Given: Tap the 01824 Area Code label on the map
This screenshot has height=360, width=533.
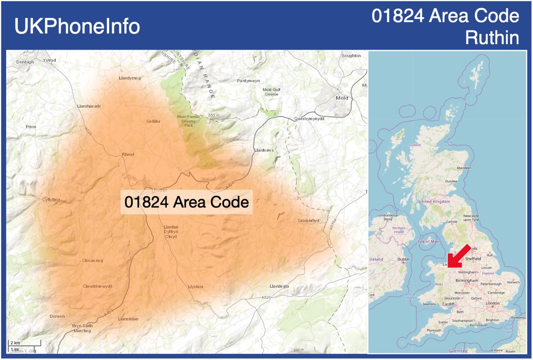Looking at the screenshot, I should coord(187,202).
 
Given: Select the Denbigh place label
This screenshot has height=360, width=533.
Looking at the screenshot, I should coord(24,62).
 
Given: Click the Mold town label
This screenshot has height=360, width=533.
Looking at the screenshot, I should coord(342,97).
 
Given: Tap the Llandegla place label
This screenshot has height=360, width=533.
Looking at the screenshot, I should coord(279,286).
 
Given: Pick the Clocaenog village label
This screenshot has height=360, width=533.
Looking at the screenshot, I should coord(92,261).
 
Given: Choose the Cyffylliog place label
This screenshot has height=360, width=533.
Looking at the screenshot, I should coord(51,200).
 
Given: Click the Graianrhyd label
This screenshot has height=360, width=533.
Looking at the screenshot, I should coord(309,221).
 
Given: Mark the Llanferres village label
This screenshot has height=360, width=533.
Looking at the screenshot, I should coord(263,151).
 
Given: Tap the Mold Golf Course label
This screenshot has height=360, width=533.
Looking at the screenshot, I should coord(271,92).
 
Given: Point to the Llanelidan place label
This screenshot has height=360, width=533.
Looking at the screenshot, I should coord(128,319).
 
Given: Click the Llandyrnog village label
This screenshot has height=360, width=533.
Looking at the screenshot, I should coord(129,78).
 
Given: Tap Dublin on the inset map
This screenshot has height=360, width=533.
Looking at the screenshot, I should coord(403,259).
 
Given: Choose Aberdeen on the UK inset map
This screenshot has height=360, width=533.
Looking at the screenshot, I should coord(464,168).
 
